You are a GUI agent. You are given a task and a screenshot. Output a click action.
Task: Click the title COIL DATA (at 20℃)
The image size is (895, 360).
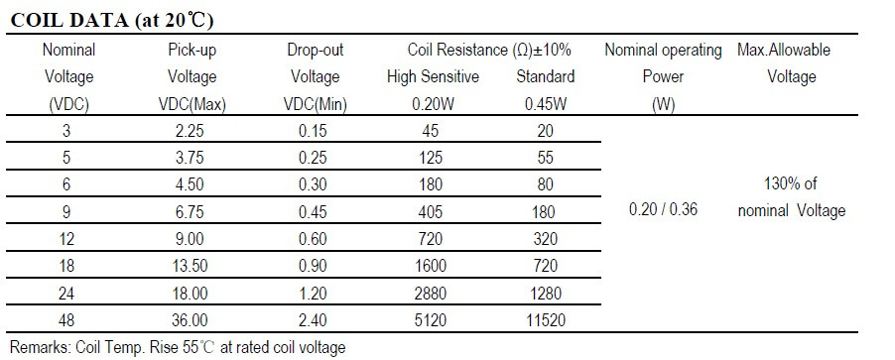112,21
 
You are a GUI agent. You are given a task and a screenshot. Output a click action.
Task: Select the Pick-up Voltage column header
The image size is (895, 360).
192,76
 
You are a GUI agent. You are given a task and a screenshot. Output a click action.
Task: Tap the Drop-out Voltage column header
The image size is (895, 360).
316,76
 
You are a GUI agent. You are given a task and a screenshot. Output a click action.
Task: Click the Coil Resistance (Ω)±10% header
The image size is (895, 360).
489,50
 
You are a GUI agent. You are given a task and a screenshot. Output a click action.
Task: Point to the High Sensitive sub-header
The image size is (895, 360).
433,76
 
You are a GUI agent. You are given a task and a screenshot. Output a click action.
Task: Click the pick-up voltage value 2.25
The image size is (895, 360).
190,131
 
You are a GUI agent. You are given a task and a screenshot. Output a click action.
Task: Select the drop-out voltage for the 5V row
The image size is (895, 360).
313,157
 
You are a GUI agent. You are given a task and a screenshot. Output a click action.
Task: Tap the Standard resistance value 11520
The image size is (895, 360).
545,319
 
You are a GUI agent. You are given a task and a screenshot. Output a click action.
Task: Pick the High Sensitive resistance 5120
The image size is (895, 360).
431,319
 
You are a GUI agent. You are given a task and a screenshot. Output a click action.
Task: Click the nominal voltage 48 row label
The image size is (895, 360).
66,319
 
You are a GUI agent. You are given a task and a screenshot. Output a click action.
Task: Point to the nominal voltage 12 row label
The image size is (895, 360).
66,238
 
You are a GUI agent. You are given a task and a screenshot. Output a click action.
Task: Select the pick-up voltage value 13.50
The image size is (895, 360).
190,266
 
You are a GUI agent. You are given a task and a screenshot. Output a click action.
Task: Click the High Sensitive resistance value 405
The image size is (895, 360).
431,211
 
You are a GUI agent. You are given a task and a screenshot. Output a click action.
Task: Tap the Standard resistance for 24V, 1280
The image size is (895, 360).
545,293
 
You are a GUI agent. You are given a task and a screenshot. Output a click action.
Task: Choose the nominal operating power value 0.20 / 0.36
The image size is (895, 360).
663,209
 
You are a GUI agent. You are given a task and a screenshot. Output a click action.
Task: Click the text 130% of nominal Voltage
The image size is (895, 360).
791,197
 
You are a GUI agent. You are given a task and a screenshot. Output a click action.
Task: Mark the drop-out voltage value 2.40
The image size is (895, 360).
313,319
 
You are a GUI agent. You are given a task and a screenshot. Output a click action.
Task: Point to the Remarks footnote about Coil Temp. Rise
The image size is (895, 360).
178,347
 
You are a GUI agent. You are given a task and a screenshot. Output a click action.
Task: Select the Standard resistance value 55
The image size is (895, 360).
545,157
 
